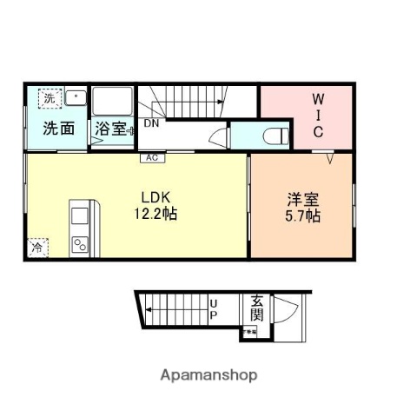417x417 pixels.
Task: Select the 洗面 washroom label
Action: tap(58, 129)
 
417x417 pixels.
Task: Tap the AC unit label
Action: tap(151, 158)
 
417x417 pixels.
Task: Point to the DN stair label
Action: tap(151, 123)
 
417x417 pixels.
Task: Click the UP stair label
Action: tap(213, 309)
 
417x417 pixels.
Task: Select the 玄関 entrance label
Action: tap(257, 308)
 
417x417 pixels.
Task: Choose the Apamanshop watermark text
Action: tap(208, 375)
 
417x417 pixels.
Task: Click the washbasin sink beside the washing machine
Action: tap(75, 98)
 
